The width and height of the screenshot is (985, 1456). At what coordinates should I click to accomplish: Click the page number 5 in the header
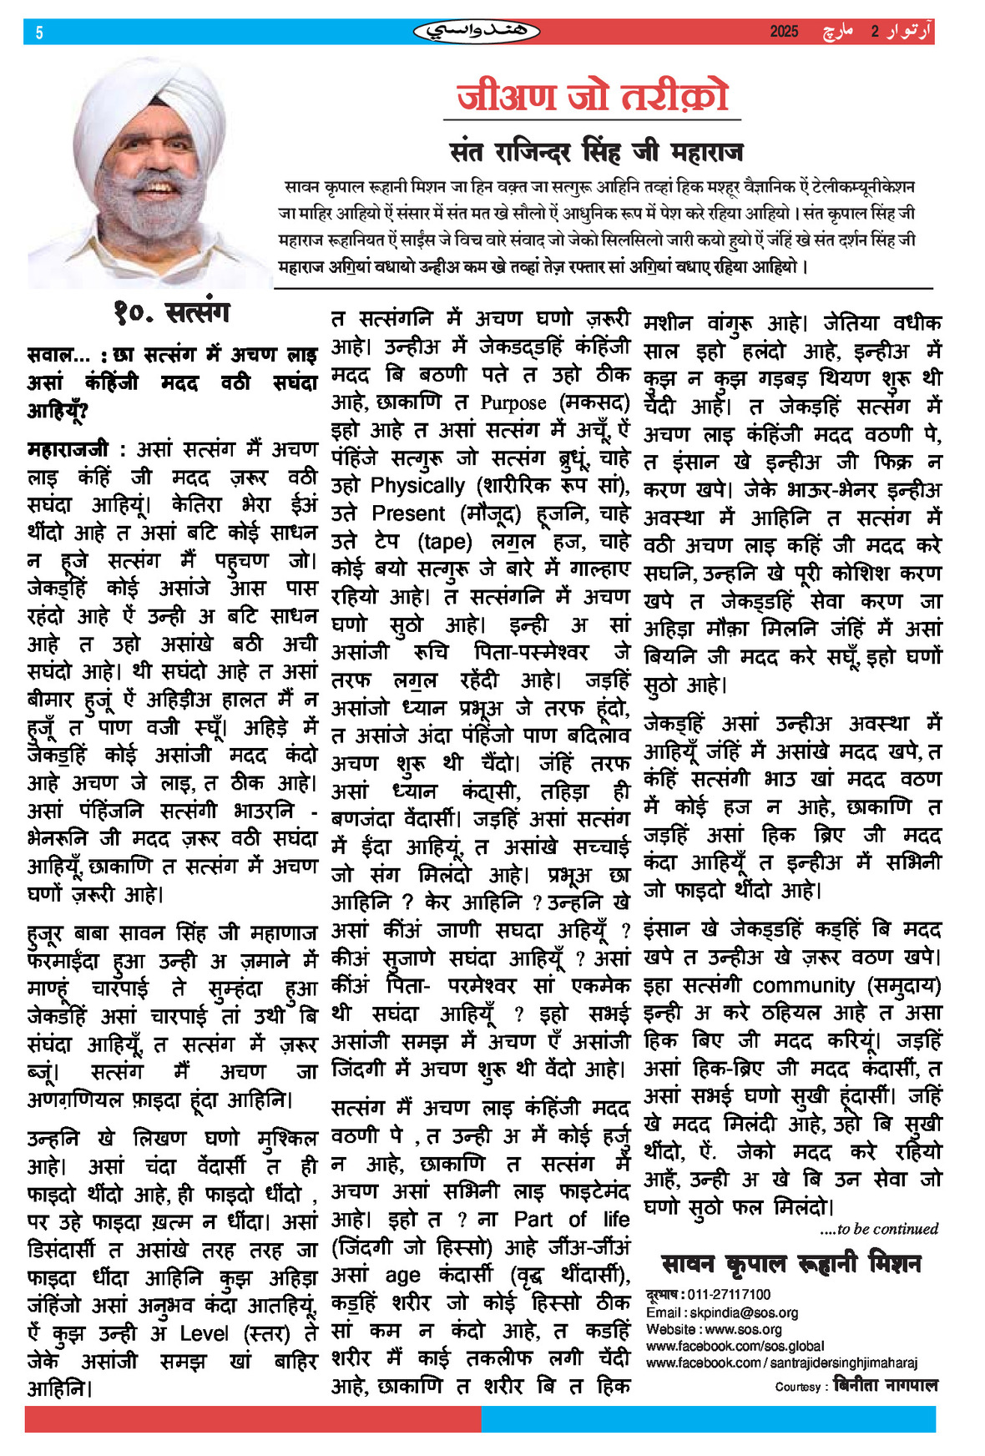(x=39, y=33)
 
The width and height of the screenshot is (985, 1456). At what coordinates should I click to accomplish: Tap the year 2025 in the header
(x=784, y=32)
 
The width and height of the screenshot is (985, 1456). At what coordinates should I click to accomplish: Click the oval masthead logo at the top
(x=477, y=32)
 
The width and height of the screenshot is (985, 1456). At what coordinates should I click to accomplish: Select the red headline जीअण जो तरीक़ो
(x=593, y=96)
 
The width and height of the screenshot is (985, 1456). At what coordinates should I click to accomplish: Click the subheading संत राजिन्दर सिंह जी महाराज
(x=596, y=153)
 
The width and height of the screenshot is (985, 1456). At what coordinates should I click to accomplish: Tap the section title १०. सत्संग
(x=171, y=313)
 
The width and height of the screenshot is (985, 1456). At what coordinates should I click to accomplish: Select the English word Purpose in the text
(x=513, y=403)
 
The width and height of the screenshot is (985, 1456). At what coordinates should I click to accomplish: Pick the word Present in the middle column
(x=408, y=513)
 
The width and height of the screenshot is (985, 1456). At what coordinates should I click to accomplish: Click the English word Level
(x=204, y=1333)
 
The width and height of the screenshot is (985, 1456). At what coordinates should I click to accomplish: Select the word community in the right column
(x=803, y=985)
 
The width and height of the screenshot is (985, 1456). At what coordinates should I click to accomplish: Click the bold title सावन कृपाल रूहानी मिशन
(x=791, y=1264)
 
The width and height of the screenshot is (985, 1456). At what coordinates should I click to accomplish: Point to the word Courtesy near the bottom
(x=797, y=1387)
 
